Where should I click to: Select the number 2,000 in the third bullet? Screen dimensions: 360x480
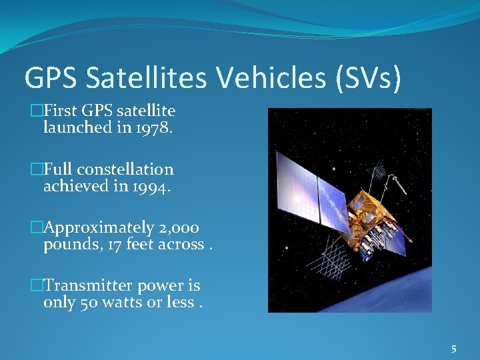tap(177, 227)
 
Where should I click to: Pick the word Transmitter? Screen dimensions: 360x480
tap(88, 285)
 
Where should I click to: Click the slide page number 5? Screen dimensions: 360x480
tap(453, 348)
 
